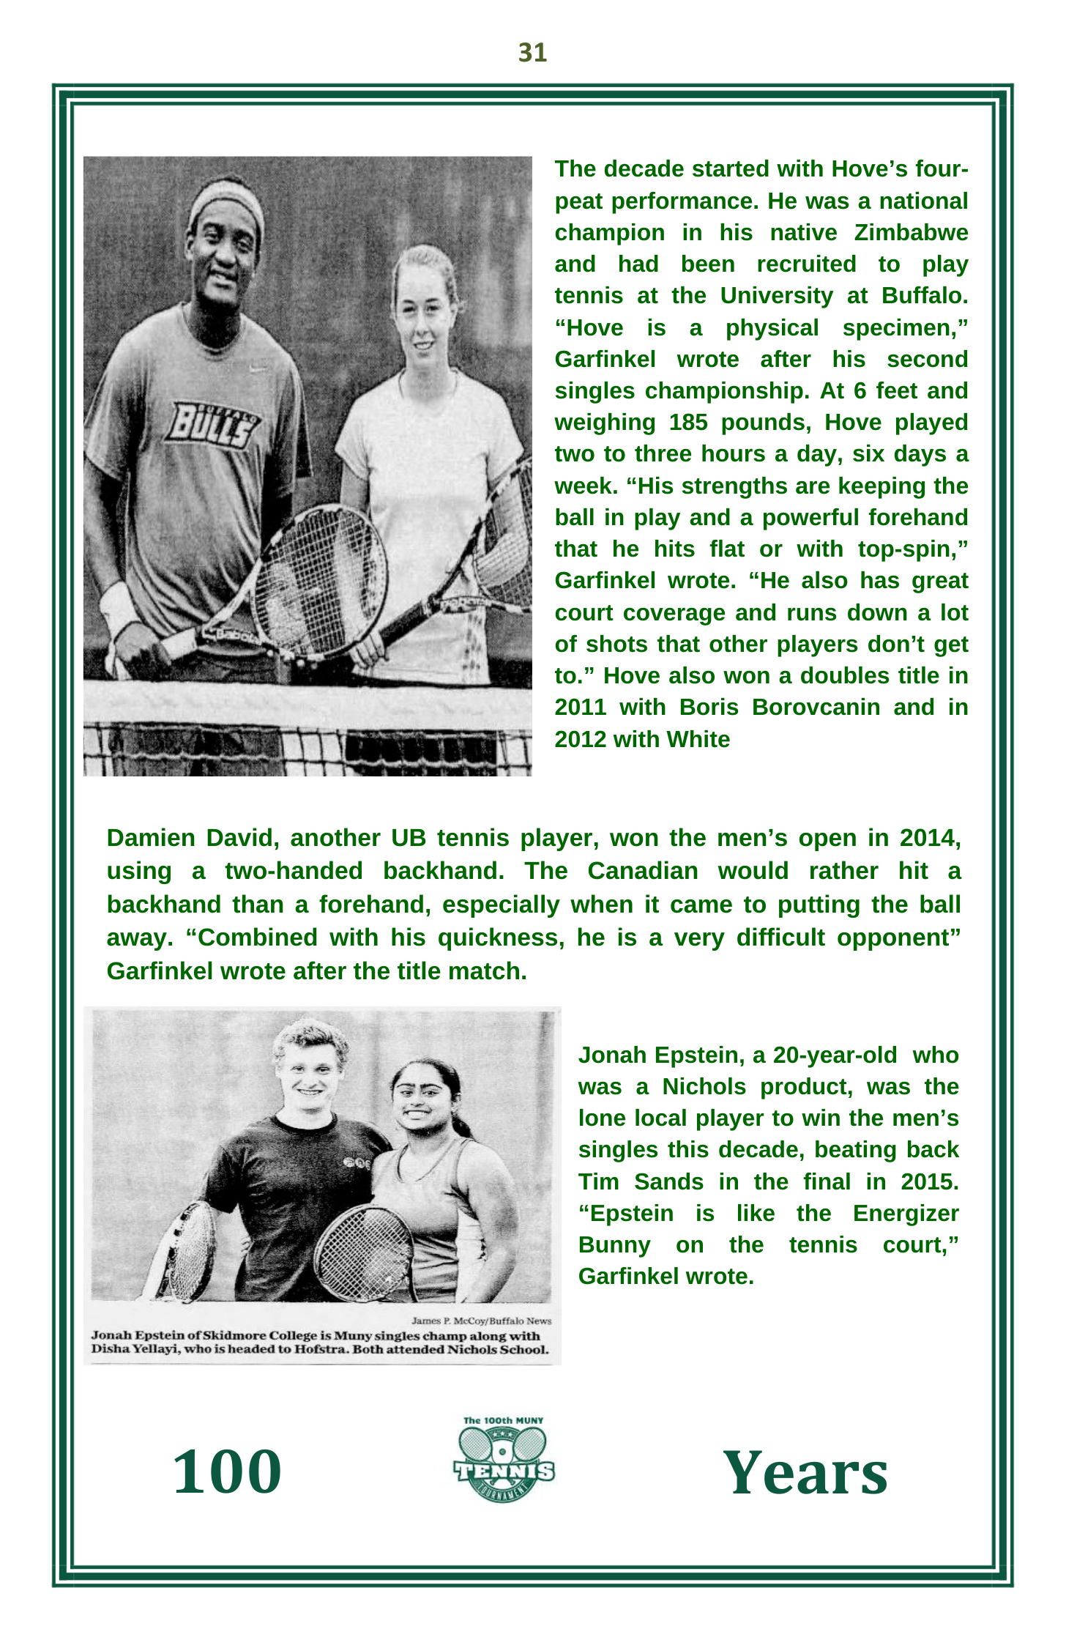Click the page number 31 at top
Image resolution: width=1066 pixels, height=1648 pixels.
click(532, 53)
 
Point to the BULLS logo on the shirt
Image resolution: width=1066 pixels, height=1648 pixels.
click(213, 425)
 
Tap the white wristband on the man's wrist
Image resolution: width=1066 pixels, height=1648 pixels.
click(119, 605)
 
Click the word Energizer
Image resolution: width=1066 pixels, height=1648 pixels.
click(905, 1214)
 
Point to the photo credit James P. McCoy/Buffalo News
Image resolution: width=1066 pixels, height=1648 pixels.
click(481, 1321)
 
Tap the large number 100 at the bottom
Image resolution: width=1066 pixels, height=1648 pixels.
click(226, 1472)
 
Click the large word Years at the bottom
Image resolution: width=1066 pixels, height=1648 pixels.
click(805, 1474)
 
